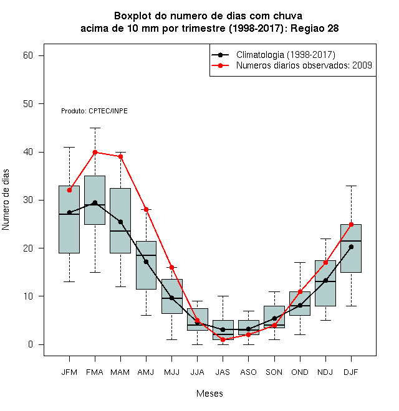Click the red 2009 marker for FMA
point(95,153)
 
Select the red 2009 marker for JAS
point(223,340)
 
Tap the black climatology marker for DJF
point(351,247)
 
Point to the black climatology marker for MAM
point(120,222)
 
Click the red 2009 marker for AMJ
point(147,209)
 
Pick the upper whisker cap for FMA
point(95,128)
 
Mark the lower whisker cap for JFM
point(69,281)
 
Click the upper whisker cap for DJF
point(351,186)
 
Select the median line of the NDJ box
point(325,281)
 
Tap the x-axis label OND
point(300,372)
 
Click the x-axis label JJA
point(197,372)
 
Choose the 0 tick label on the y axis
point(31,344)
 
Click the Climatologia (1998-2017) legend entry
point(273,55)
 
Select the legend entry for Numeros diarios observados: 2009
point(292,65)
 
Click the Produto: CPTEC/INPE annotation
point(94,111)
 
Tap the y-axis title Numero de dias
point(6,200)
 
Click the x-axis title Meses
point(209,394)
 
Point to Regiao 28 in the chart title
point(315,28)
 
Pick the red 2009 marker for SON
point(274,325)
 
